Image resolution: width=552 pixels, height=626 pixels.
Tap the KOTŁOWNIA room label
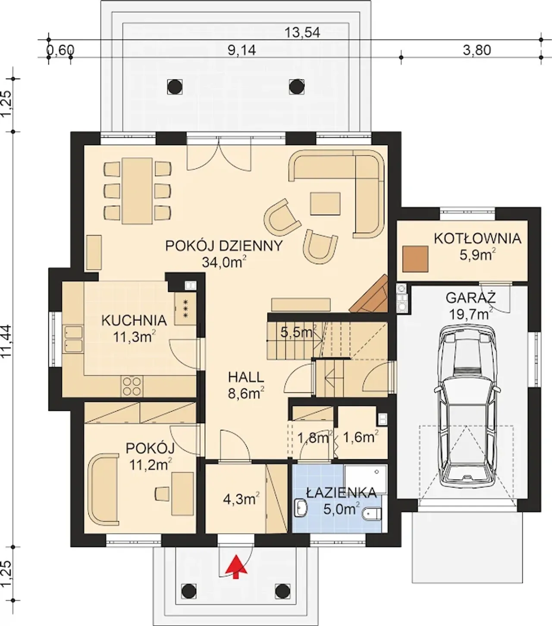click(x=477, y=239)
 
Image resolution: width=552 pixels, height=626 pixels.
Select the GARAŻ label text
click(x=471, y=297)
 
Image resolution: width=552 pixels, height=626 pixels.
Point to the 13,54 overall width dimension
click(x=302, y=32)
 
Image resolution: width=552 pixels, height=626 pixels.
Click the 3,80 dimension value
click(x=477, y=50)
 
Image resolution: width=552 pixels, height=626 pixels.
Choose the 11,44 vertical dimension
click(x=6, y=341)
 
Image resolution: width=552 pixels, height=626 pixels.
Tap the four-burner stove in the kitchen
click(x=132, y=386)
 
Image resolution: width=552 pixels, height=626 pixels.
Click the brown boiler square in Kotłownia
click(x=416, y=259)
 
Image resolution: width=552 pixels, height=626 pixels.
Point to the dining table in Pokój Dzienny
click(x=137, y=191)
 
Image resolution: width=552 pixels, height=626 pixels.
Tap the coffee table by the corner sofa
click(x=326, y=203)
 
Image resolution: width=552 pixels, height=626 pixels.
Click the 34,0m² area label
click(x=224, y=262)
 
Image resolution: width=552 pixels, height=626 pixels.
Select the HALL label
click(x=246, y=377)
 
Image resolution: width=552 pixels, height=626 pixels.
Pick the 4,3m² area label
click(x=241, y=500)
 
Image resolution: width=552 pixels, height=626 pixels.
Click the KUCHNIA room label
click(x=134, y=320)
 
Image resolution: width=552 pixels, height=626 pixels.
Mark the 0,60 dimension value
click(x=60, y=50)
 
